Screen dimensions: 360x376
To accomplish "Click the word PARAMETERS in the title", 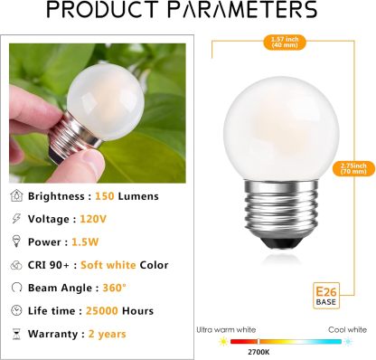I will coord(245,11).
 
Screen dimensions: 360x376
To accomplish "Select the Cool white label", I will coord(347,331).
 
